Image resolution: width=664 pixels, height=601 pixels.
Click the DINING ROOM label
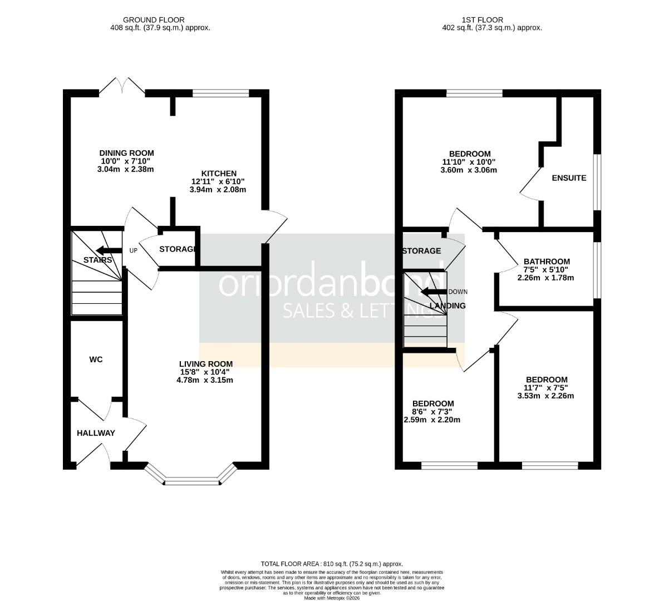tap(126, 153)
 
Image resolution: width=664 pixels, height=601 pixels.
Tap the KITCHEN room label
tap(219, 174)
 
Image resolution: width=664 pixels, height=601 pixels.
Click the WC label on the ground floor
tap(96, 359)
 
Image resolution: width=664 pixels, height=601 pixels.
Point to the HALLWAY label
tap(96, 433)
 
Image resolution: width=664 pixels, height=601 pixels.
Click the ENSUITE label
tap(569, 178)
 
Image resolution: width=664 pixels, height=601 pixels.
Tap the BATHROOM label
tap(547, 262)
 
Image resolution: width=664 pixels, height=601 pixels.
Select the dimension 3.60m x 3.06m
tap(470, 170)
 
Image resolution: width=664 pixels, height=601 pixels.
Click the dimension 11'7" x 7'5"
tap(545, 388)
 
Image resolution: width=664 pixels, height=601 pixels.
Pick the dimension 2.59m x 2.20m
tap(432, 420)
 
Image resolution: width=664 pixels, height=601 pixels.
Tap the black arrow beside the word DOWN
tap(434, 292)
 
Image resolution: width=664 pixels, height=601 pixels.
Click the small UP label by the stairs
tap(133, 251)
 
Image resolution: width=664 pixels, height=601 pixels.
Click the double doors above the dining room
tap(122, 87)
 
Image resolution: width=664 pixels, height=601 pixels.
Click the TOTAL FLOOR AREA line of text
tap(332, 564)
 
